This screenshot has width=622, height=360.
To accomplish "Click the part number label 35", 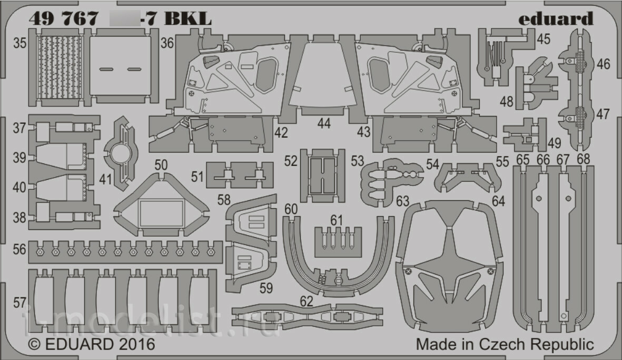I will (20, 44).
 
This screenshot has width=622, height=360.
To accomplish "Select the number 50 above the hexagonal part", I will (161, 165).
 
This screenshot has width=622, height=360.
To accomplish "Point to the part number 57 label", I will (20, 303).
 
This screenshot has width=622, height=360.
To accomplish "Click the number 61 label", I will (337, 219).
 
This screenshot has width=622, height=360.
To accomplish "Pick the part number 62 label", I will (307, 301).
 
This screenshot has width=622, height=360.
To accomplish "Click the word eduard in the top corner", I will (555, 20).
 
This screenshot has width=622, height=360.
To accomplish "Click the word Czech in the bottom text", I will (504, 345).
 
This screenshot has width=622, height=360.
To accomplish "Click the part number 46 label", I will (604, 65).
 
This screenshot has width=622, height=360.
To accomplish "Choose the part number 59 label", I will (266, 288).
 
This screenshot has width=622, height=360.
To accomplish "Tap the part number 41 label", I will (106, 179).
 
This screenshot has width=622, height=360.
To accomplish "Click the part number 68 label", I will (583, 160).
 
